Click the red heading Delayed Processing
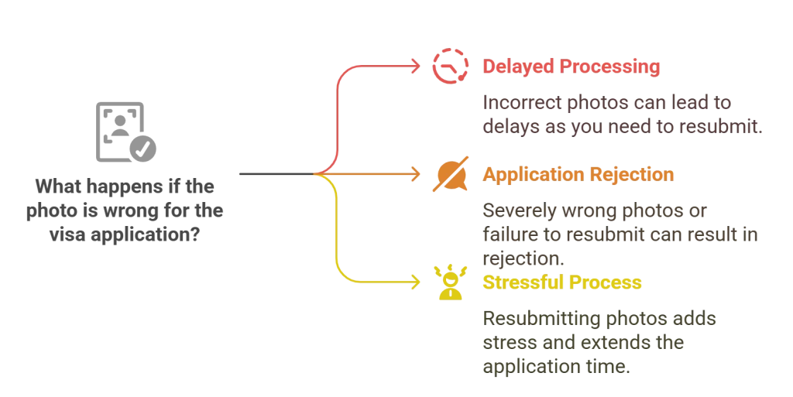(x=572, y=67)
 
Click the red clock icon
(x=448, y=67)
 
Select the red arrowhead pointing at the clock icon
(x=416, y=67)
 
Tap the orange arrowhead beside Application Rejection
(x=416, y=175)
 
